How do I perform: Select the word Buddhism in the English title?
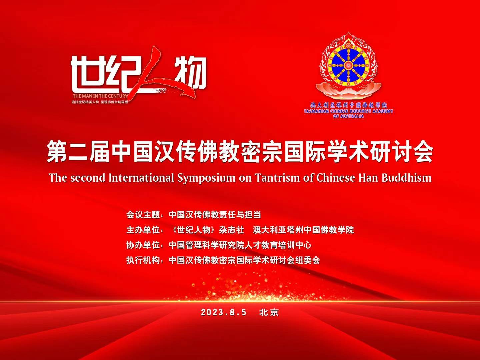tap(407, 177)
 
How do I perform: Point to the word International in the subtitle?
tap(141, 177)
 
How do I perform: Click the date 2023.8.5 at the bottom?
tap(223, 312)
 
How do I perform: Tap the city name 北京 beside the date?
tap(269, 312)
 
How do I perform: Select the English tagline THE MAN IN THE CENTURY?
tap(100, 96)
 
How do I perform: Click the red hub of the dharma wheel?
tap(348, 65)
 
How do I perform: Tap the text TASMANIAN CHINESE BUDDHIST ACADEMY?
tap(348, 111)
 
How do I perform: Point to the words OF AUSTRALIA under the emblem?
tap(348, 116)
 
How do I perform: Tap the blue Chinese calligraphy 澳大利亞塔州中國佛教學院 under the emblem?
tap(348, 105)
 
